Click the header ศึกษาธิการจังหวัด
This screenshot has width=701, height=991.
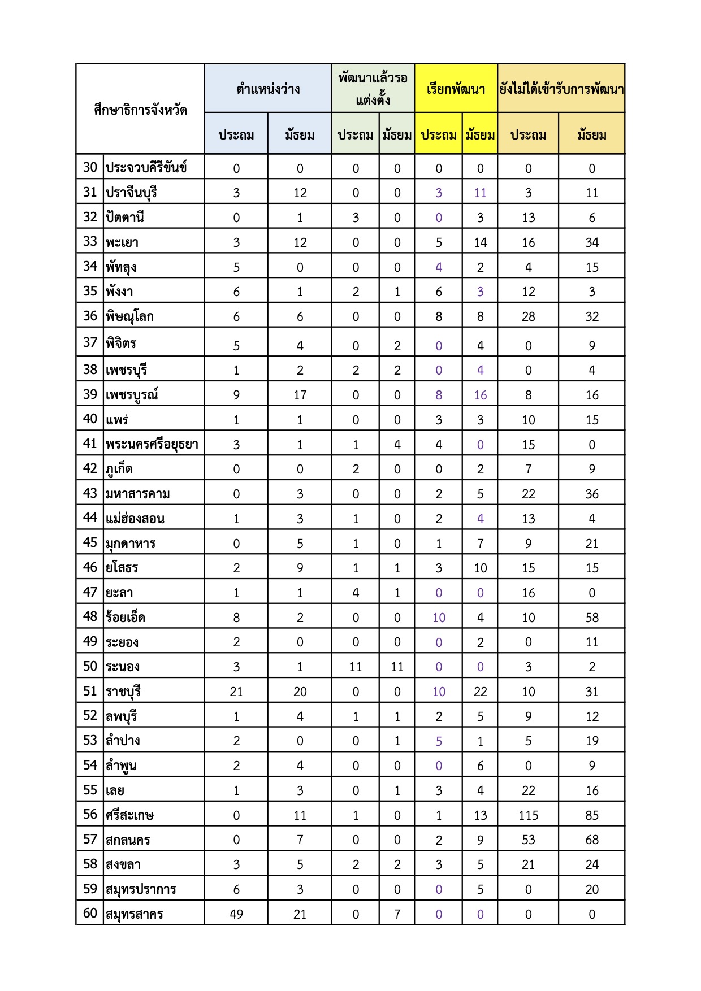tap(140, 110)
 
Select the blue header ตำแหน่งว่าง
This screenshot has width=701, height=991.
tap(267, 89)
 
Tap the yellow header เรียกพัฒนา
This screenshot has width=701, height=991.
tap(456, 89)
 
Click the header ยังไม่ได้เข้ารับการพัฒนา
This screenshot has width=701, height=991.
tap(561, 89)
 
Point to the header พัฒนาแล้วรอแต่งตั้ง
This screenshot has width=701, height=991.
tap(373, 89)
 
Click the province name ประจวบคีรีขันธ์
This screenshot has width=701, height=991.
tap(146, 168)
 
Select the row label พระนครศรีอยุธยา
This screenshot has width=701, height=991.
tap(152, 444)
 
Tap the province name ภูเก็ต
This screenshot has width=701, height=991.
tap(119, 469)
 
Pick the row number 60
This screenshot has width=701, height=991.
tap(90, 913)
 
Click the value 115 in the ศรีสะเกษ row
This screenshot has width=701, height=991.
tap(528, 815)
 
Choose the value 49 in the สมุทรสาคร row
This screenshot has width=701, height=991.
tap(236, 914)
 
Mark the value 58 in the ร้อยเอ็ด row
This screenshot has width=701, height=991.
tap(591, 618)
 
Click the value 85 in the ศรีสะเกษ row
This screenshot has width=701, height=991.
tap(591, 815)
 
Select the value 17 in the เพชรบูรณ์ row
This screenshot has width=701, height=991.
tap(300, 395)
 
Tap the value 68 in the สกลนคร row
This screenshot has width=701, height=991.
tap(591, 840)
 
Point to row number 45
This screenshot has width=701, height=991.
tap(90, 542)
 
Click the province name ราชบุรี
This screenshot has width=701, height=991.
tap(123, 692)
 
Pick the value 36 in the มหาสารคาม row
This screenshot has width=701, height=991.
tap(591, 494)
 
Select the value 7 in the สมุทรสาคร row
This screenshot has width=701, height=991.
tap(397, 914)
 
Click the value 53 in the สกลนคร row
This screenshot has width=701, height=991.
tap(528, 840)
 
